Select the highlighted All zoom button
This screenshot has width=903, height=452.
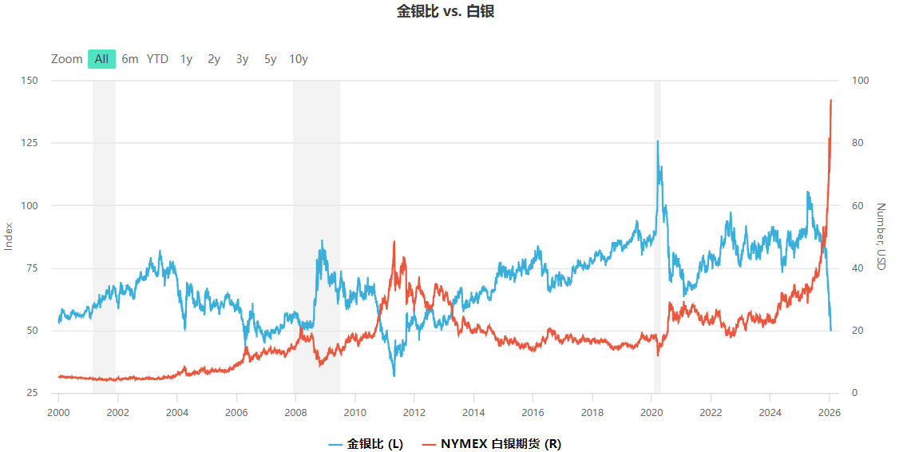point(101,59)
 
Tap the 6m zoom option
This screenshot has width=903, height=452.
point(130,59)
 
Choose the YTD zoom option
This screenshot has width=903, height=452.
point(157,59)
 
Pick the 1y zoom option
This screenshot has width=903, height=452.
point(186,59)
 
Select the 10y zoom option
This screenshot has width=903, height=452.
point(299,59)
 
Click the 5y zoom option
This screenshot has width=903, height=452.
point(271,59)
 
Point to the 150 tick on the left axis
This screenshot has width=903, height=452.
point(30,81)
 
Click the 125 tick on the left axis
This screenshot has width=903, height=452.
point(30,143)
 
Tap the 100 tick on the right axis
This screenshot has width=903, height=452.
point(861,81)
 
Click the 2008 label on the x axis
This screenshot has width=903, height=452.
point(295,412)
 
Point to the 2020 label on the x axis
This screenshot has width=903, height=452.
point(652,412)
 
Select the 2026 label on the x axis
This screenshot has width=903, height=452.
point(830,412)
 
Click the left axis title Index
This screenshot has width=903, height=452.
point(10,236)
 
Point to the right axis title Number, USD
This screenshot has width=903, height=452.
point(881,236)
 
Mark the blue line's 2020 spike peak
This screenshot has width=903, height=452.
point(658,141)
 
